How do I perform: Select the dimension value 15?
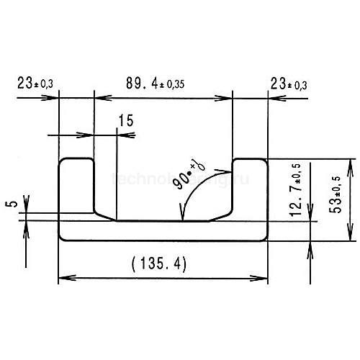pos(125,122)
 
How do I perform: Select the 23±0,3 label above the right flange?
pos(289,84)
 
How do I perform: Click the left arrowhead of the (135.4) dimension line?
pos(63,276)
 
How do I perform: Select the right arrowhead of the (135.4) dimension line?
pos(264,276)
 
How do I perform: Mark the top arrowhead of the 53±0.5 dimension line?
pos(351,163)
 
